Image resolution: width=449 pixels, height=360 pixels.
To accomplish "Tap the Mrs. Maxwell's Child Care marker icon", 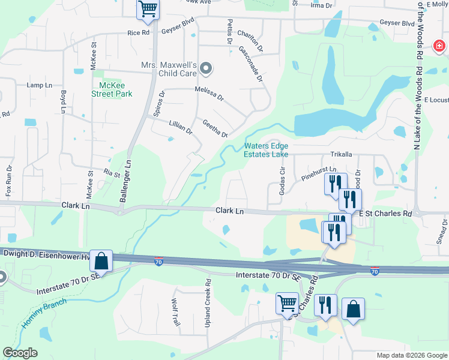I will click(206, 69).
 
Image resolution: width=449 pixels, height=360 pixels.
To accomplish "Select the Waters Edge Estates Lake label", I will click(266, 150).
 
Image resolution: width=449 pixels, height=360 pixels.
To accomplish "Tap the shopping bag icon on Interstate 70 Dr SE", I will click(101, 261).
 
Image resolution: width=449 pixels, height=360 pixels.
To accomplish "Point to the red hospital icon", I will click(440, 45).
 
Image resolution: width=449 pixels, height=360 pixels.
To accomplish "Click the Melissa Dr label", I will click(209, 93).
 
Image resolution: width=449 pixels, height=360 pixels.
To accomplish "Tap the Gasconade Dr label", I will click(251, 64).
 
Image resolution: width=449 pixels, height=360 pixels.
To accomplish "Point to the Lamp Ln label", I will click(40, 85).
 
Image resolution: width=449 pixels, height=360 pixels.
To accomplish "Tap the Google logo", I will click(20, 353).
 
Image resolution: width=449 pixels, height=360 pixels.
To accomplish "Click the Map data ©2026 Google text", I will click(411, 355).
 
